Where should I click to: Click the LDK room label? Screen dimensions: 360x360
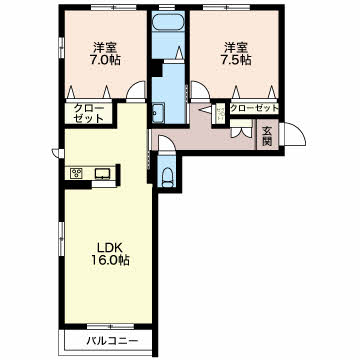pos(106,248)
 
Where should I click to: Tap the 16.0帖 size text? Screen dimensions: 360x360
pos(110,260)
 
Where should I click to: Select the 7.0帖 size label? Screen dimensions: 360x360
pos(105,60)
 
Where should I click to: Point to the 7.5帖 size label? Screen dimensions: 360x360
pos(236,60)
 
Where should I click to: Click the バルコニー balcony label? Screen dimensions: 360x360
pos(112,341)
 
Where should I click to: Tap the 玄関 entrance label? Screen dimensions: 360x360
pos(267,137)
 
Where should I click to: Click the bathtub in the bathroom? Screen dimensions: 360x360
pos(168,23)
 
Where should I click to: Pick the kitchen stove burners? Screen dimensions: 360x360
pos(76,173)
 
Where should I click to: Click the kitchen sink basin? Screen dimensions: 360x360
pos(103,173)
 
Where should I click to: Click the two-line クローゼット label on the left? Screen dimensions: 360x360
pos(89,113)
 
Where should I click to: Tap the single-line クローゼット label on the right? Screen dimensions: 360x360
pos(254,108)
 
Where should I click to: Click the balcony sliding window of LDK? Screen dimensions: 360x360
pos(110,327)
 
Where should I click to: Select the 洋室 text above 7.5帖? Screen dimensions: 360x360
pos(236,47)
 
